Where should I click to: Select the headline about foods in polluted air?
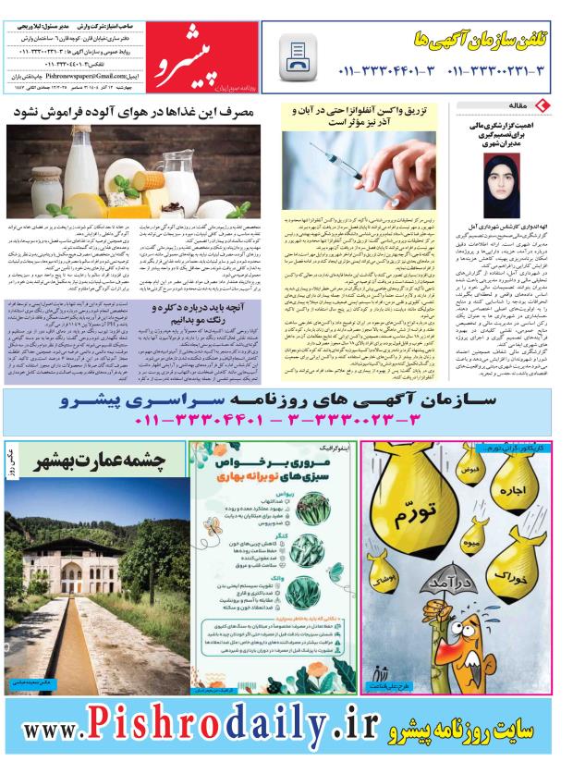(139, 112)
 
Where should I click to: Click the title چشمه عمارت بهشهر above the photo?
(105, 460)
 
